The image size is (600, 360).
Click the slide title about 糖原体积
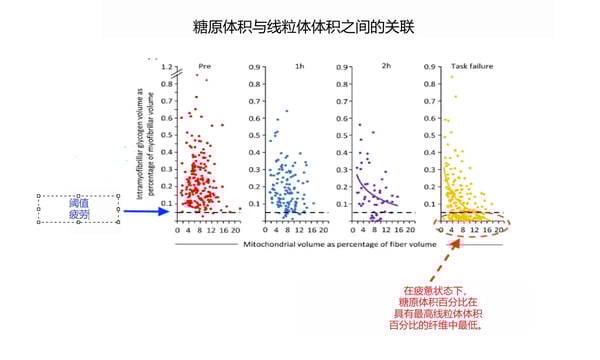click(x=301, y=29)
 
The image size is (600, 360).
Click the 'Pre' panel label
click(x=205, y=66)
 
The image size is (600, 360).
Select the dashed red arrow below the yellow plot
click(x=446, y=258)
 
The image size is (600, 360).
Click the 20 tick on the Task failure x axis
click(x=498, y=229)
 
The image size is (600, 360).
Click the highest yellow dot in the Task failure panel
click(x=453, y=76)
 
